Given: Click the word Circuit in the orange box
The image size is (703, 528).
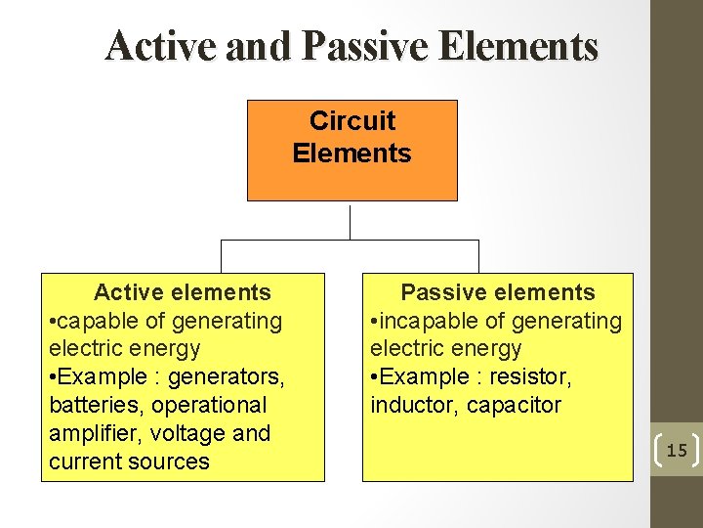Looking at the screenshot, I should (x=352, y=121).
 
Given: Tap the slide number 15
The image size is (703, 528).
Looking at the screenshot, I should (x=677, y=451).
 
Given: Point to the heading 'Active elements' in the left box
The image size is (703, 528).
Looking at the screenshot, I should (x=182, y=292).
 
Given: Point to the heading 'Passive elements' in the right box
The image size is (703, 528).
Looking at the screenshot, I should (x=498, y=292).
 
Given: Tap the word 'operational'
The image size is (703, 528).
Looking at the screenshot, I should (x=209, y=405).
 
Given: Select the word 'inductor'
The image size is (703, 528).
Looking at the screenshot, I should (x=410, y=405).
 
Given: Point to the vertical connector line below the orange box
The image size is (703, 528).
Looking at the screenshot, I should (x=350, y=221).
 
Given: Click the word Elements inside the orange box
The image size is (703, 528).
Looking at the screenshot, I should (x=351, y=154).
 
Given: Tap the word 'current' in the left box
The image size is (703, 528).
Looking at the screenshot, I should (x=85, y=462).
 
